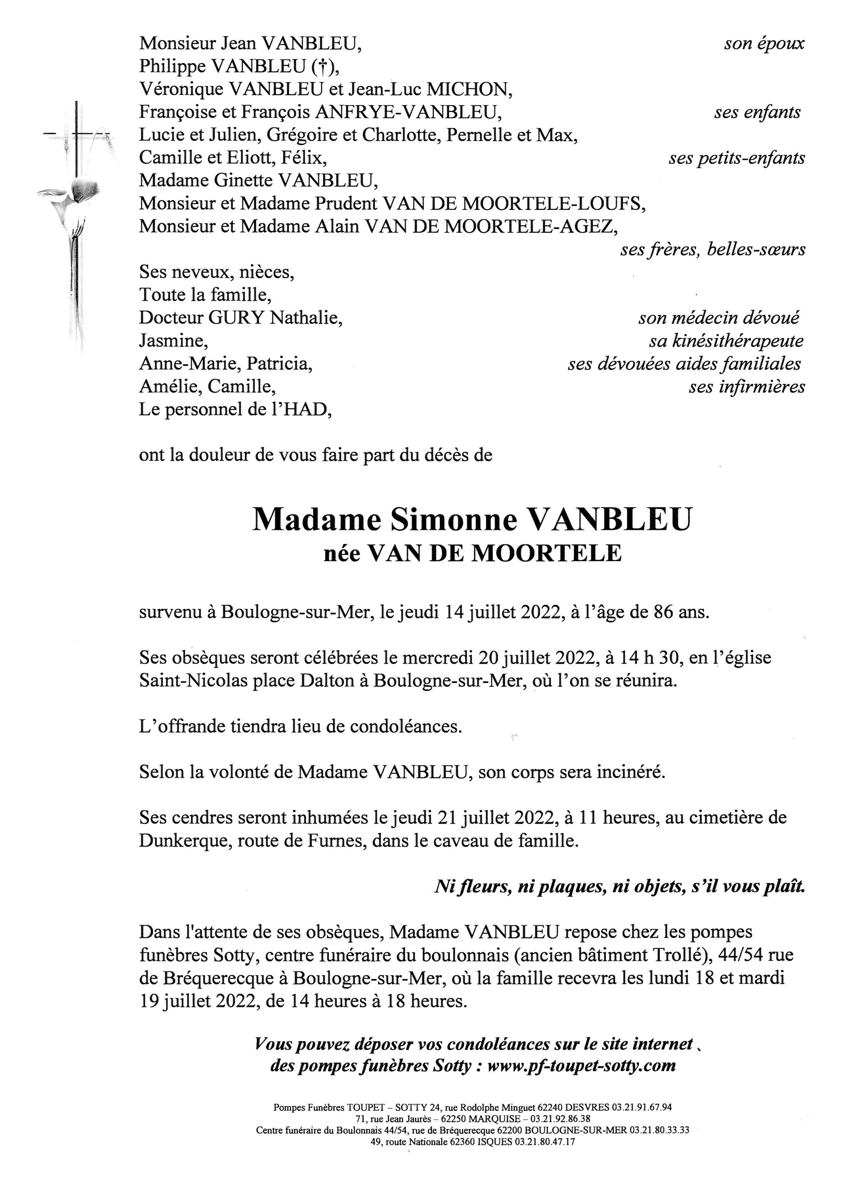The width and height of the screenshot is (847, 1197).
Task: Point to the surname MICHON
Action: (468, 90)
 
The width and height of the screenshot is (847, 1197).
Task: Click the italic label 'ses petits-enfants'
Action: (736, 158)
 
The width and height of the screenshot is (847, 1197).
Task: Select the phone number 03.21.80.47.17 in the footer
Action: (545, 1142)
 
